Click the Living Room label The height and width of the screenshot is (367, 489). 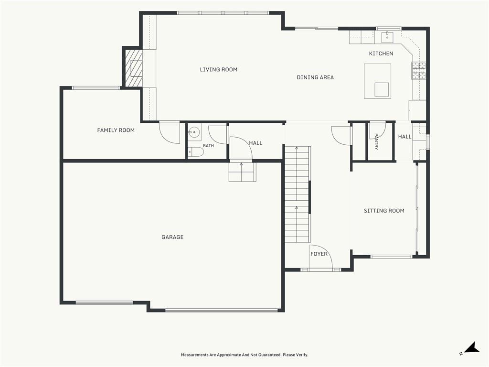[219, 70]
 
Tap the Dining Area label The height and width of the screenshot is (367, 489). [315, 77]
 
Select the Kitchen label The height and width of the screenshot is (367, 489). [381, 54]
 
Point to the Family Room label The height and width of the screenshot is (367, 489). [116, 130]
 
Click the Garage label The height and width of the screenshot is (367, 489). [172, 237]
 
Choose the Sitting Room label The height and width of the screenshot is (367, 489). [384, 211]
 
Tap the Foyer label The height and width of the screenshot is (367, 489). [319, 254]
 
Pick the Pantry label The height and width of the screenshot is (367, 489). [376, 141]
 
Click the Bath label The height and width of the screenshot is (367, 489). [208, 146]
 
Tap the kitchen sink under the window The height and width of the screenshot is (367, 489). [387, 36]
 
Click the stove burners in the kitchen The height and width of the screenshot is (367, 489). [419, 70]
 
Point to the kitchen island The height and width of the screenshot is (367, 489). [378, 81]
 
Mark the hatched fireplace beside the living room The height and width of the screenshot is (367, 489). [134, 68]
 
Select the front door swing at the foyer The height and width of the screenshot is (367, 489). [321, 256]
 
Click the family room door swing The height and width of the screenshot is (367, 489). [170, 133]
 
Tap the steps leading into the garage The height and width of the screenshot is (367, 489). [242, 172]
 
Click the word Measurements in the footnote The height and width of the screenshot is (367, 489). [195, 355]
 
